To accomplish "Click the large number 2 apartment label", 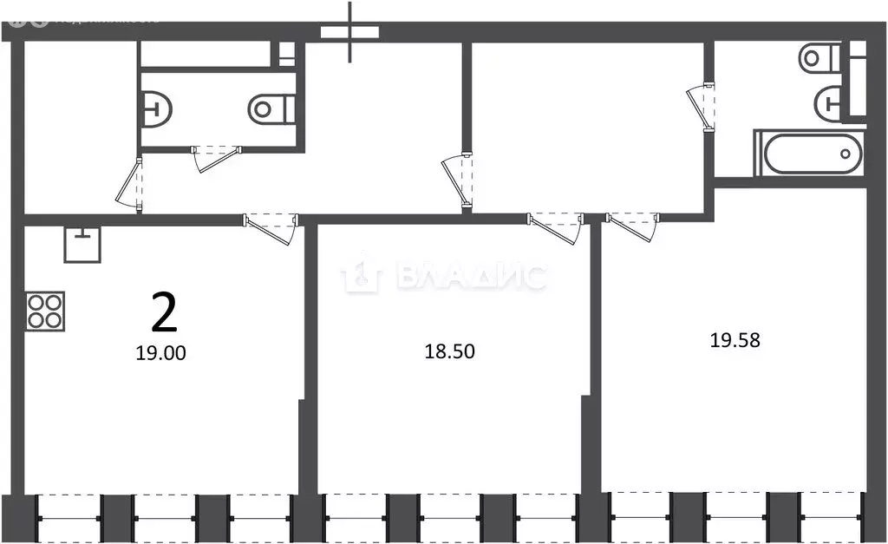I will click(x=164, y=312).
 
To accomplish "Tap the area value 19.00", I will click(x=161, y=353).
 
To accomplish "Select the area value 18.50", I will click(x=449, y=351).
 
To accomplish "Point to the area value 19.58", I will click(x=735, y=340).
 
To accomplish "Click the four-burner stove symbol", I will click(x=44, y=311).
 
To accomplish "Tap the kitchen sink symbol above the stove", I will click(x=82, y=244).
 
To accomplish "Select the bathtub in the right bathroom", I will click(x=809, y=154).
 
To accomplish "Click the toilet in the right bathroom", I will click(x=818, y=59).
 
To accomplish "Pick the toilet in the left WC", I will click(x=271, y=108).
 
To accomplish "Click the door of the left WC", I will click(x=215, y=157).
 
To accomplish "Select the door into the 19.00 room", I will click(x=273, y=227).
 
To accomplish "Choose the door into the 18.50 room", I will click(x=556, y=227).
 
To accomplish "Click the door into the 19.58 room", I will click(x=632, y=227).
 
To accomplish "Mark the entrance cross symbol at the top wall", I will click(x=350, y=32).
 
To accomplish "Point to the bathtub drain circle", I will click(x=846, y=154).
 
